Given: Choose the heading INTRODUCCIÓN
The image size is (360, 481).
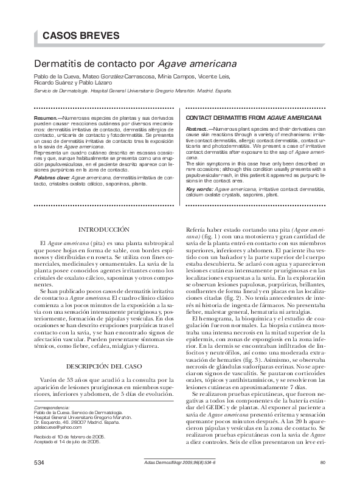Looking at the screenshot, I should click(105, 229).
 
